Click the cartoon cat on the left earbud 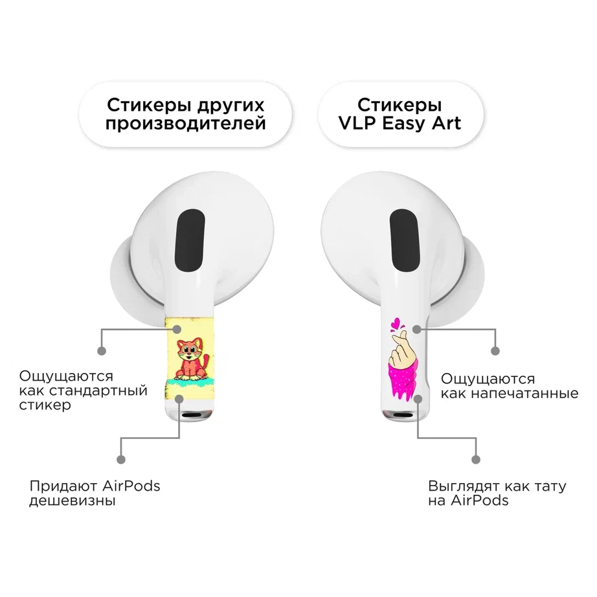(x=192, y=360)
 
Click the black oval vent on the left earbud (x=190, y=241)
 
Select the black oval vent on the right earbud (x=405, y=241)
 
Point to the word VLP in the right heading (x=357, y=124)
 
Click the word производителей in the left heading (x=185, y=124)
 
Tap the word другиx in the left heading (x=231, y=105)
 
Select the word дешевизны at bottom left (x=73, y=501)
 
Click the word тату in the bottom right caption (x=550, y=486)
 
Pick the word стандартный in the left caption (x=98, y=391)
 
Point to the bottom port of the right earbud (x=403, y=414)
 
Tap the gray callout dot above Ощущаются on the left (x=102, y=351)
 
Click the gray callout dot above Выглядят (x=475, y=460)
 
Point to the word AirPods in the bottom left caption (x=131, y=486)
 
